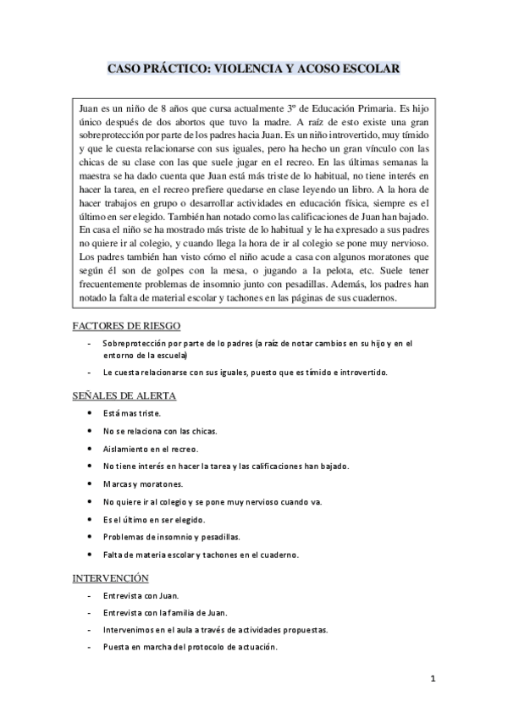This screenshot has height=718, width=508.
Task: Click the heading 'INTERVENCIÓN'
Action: pyautogui.click(x=111, y=578)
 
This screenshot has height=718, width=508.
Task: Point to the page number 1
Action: pyautogui.click(x=433, y=678)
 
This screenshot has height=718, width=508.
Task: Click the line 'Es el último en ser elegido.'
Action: pyautogui.click(x=154, y=519)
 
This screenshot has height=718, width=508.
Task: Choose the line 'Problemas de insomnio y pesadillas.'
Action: pyautogui.click(x=171, y=537)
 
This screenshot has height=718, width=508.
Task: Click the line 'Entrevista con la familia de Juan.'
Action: pyautogui.click(x=165, y=613)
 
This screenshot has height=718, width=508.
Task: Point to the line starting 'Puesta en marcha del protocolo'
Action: pyautogui.click(x=190, y=648)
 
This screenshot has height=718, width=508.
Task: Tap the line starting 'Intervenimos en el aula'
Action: pyautogui.click(x=215, y=631)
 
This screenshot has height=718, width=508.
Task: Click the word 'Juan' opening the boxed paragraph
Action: pyautogui.click(x=88, y=109)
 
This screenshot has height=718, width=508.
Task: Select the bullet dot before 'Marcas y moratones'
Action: pyautogui.click(x=90, y=483)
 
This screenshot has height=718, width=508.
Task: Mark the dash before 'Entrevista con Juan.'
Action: pyautogui.click(x=89, y=596)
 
